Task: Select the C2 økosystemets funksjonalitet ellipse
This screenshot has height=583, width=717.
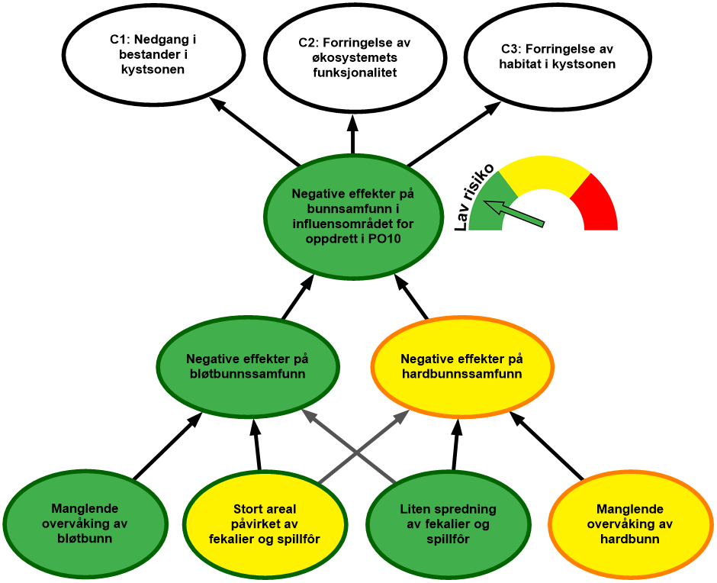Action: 355,58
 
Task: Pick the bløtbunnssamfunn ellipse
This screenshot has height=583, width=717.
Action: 246,366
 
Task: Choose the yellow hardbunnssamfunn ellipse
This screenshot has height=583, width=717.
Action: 461,366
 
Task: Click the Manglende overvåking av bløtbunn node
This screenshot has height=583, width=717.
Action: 85,523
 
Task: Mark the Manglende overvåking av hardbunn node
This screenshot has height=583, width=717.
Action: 629,523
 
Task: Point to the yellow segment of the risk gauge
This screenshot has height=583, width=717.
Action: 543,172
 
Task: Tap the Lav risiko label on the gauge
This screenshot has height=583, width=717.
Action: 472,195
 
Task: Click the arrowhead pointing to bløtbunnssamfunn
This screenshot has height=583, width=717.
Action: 308,415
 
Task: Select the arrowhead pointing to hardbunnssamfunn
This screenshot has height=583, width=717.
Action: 404,415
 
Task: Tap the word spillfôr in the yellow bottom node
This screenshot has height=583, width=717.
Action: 300,540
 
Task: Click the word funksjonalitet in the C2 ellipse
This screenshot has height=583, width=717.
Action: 355,72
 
